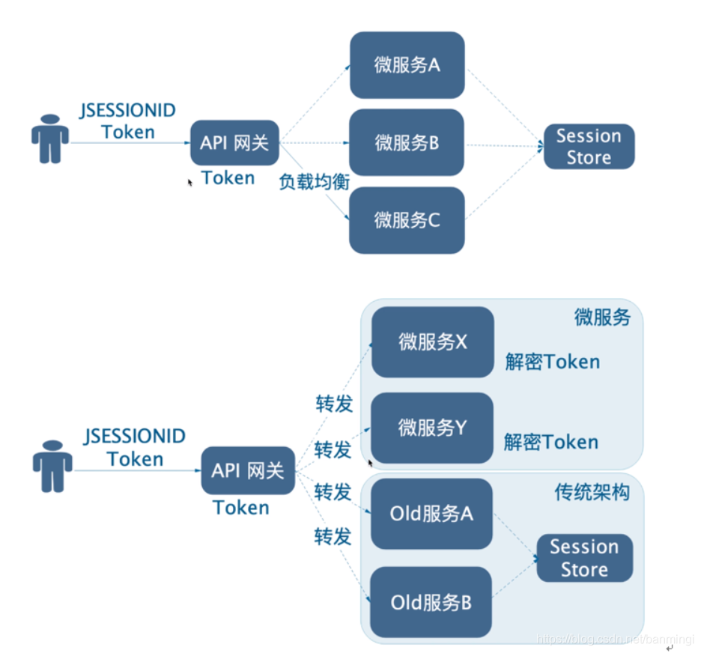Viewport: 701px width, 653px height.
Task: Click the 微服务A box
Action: (407, 64)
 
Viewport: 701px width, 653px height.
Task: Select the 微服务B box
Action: (407, 142)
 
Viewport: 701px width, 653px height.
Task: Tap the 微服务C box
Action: (407, 220)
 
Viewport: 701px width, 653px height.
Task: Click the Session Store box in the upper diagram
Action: (589, 147)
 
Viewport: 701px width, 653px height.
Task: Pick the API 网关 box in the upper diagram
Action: (234, 142)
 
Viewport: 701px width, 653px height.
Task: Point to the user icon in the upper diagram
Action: (50, 139)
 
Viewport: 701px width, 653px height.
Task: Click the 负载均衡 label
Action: (315, 181)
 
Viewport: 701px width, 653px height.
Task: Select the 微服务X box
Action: (432, 342)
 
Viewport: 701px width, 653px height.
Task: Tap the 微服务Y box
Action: (432, 428)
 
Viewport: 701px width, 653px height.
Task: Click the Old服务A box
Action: (431, 514)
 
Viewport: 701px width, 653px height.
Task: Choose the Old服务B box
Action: (431, 602)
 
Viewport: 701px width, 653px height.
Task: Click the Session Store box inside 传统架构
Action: (584, 558)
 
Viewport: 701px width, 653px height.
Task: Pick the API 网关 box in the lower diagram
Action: (248, 470)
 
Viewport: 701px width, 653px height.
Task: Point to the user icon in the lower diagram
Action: (52, 467)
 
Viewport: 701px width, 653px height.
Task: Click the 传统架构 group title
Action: (592, 491)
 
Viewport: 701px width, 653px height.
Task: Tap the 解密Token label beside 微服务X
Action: (552, 362)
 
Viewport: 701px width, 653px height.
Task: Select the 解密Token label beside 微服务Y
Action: (550, 442)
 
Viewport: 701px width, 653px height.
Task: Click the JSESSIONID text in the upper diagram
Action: (128, 112)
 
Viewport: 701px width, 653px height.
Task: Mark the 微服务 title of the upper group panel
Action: (602, 318)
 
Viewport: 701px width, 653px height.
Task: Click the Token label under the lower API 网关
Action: (241, 508)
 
